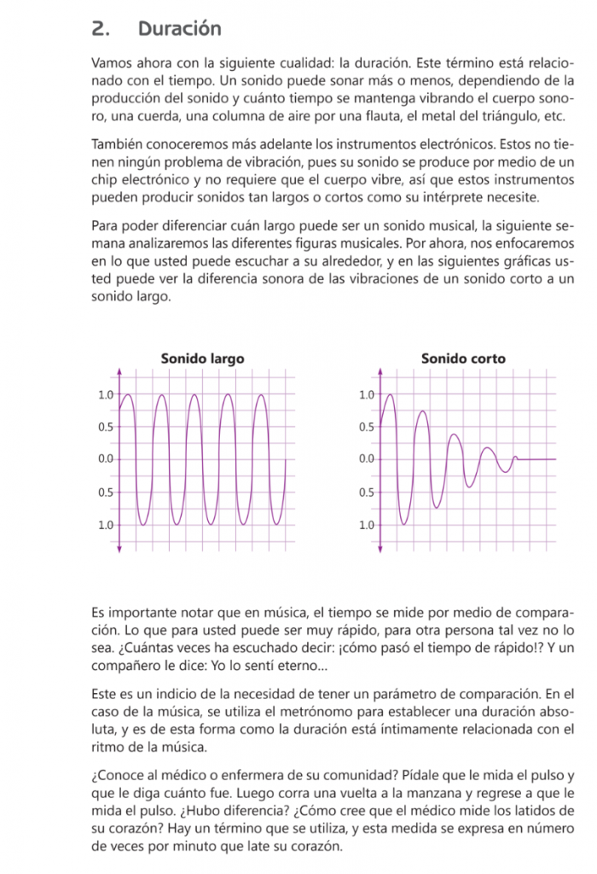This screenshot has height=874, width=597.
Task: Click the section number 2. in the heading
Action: click(101, 29)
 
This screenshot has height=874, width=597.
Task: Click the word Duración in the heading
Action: click(179, 29)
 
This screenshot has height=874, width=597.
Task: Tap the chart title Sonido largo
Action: click(202, 358)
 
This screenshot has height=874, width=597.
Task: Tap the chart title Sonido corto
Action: click(463, 358)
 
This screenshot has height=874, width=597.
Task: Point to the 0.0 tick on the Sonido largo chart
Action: click(106, 459)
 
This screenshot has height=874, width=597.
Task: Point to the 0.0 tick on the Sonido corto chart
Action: click(367, 459)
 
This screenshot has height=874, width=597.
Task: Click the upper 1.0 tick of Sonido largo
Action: click(106, 394)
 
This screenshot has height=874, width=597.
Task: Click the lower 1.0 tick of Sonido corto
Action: click(367, 525)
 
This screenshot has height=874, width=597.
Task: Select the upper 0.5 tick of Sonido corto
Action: click(367, 427)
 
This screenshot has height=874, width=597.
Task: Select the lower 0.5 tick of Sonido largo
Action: click(106, 492)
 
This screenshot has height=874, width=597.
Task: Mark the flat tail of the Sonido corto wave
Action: click(537, 459)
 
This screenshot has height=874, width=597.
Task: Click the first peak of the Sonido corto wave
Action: click(391, 395)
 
